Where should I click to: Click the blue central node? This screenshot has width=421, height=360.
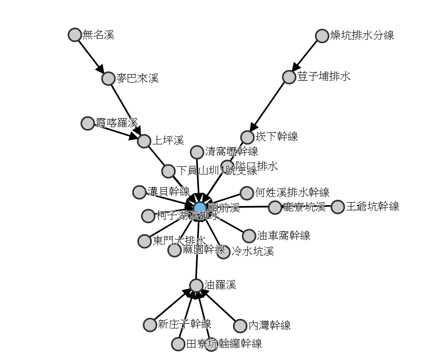[200, 207]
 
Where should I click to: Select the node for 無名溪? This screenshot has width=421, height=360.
[75, 35]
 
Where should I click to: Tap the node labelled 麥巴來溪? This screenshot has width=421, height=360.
[109, 78]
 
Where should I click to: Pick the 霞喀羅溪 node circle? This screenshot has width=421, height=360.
[88, 123]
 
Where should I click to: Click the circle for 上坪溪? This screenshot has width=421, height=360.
[144, 141]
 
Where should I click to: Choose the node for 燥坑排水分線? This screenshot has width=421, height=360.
[322, 36]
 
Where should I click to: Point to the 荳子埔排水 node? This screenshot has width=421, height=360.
[289, 77]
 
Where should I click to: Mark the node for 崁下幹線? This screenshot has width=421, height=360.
[247, 137]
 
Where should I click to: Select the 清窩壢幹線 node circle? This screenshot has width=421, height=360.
[197, 152]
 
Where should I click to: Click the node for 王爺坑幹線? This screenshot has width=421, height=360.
[338, 207]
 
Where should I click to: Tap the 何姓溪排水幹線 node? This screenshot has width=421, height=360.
[247, 193]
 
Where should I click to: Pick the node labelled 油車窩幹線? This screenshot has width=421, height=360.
[249, 236]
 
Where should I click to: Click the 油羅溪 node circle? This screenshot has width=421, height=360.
[197, 285]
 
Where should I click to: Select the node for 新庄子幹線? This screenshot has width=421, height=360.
[150, 325]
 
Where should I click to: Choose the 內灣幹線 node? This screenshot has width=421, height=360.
[240, 326]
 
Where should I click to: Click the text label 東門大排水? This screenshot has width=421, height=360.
[179, 241]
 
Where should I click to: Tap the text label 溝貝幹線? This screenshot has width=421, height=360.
[168, 192]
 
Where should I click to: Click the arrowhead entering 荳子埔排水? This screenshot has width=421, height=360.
[296, 66]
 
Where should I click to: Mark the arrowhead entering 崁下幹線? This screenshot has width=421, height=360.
[253, 127]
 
